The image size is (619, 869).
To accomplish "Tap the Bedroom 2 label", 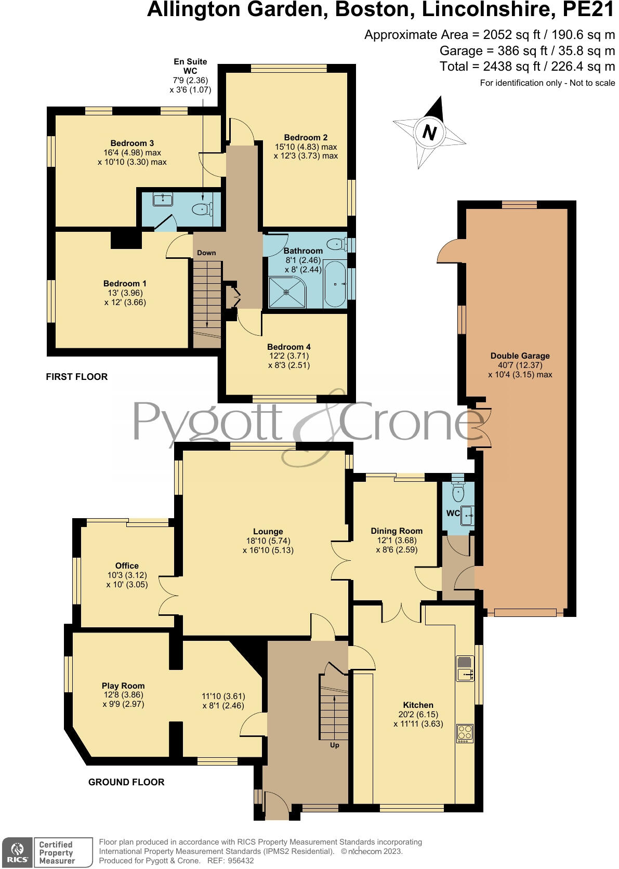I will [306, 138].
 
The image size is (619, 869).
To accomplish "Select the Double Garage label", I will [520, 356].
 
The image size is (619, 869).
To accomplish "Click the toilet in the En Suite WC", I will [201, 209].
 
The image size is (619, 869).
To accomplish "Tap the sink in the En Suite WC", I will [164, 199].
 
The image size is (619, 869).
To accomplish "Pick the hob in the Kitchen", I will [465, 733].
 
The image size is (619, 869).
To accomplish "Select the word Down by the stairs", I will [206, 253].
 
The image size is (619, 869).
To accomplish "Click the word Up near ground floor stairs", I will [335, 745].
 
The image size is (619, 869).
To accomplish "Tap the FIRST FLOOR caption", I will [77, 377].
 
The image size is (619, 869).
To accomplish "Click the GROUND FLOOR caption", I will [126, 782].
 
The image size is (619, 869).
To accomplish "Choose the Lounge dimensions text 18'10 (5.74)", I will [268, 541].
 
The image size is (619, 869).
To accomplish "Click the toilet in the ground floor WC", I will [458, 491].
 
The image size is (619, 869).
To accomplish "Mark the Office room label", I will [127, 565].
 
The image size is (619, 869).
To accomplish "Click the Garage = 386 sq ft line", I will [527, 51].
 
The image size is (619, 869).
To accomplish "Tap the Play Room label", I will [123, 686].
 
